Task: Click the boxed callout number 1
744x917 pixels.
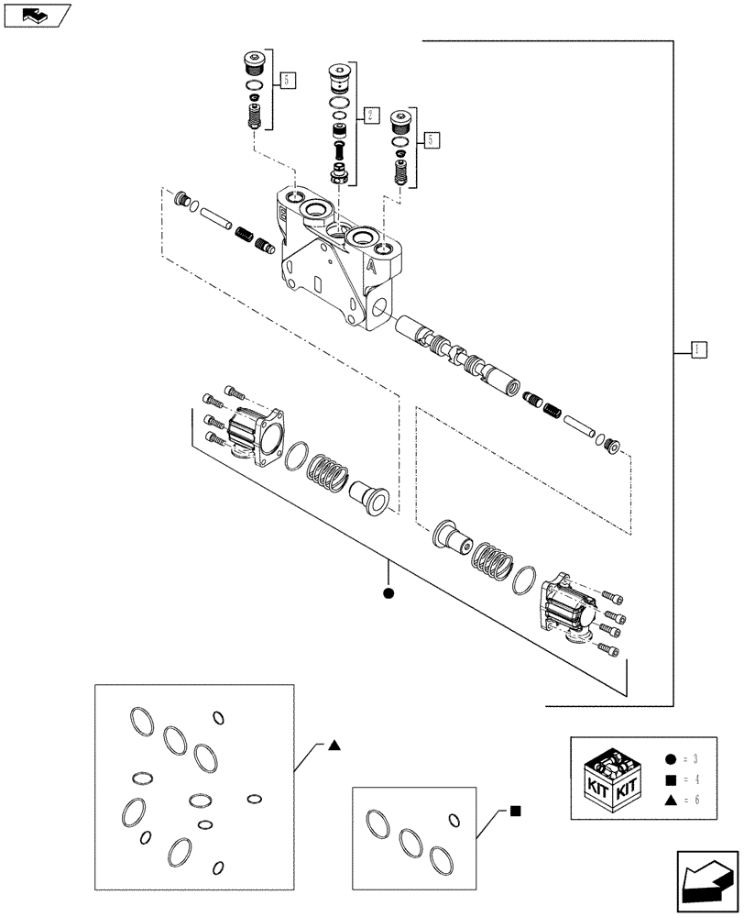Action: [697, 348]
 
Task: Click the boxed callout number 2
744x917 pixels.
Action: [369, 116]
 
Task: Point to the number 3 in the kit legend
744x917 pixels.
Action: [695, 759]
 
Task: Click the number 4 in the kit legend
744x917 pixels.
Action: [695, 780]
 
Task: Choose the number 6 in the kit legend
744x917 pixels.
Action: [695, 801]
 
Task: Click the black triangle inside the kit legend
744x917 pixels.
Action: [671, 801]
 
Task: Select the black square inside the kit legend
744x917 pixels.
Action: [671, 780]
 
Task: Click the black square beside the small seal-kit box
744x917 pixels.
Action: [516, 811]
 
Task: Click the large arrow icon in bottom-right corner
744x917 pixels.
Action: [706, 881]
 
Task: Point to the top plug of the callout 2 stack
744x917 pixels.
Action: [340, 76]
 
